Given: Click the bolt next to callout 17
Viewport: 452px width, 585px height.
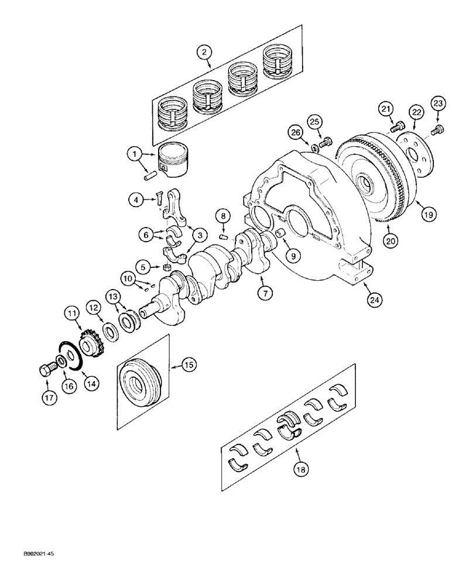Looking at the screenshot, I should tap(46, 370).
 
